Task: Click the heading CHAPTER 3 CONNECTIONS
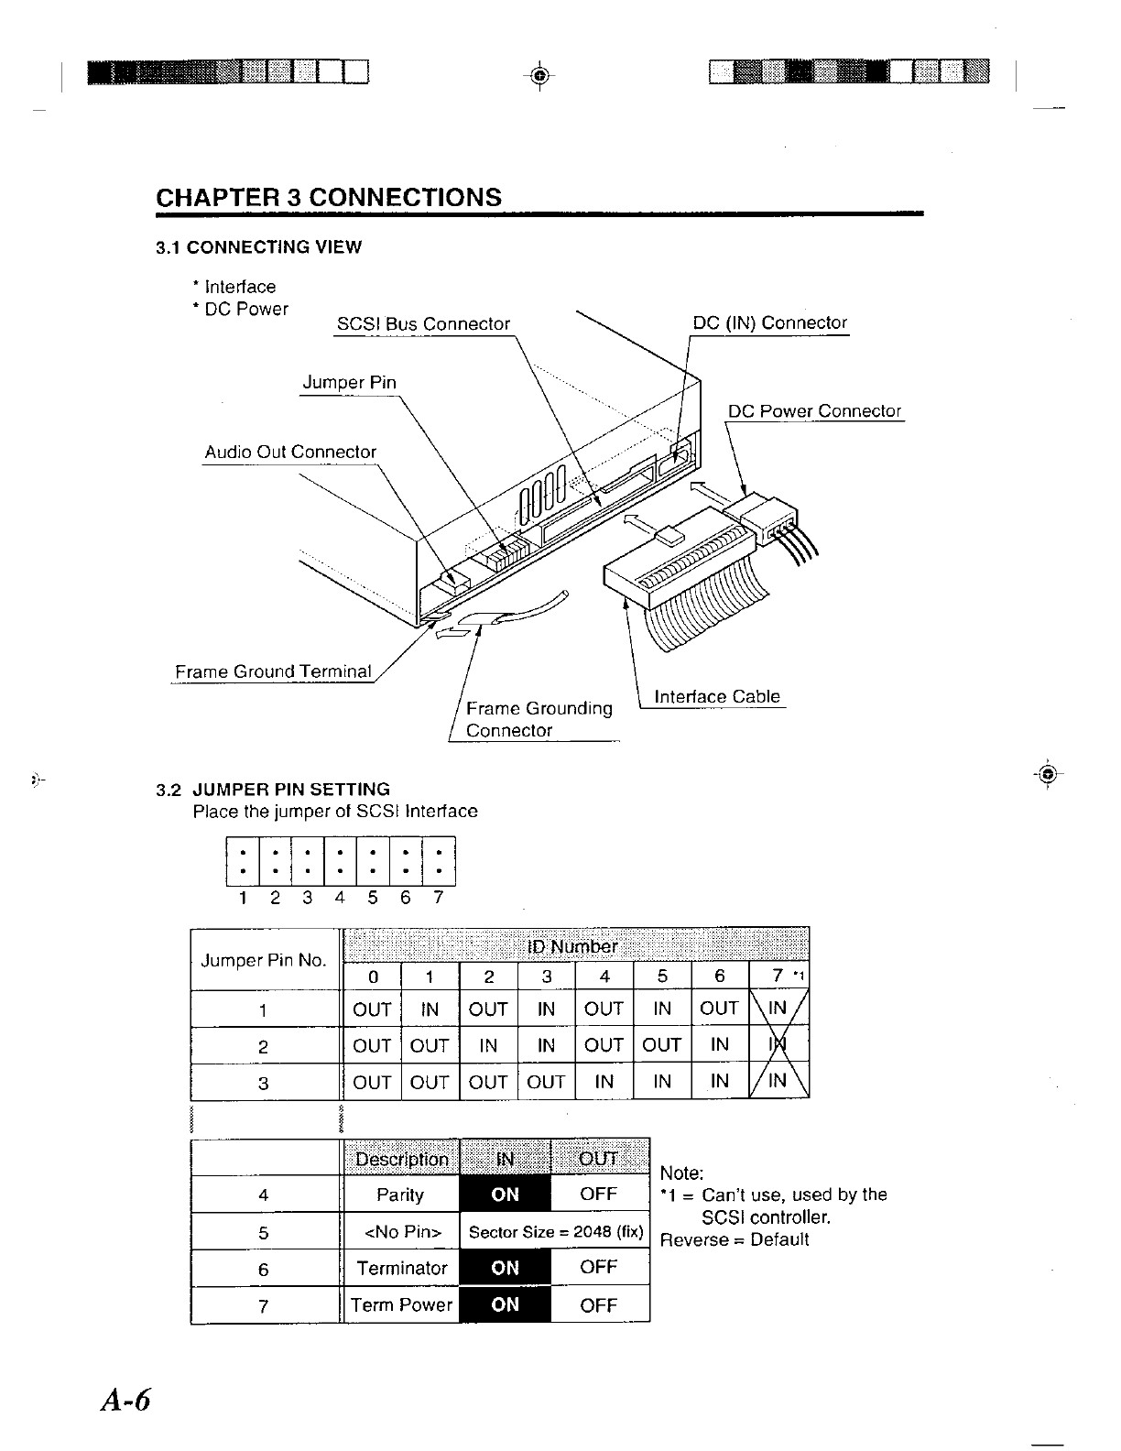point(329,198)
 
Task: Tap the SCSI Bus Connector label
point(423,324)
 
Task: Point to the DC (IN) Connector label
point(769,323)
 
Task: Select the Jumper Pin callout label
point(349,383)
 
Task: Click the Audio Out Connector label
point(290,453)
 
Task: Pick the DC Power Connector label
point(814,411)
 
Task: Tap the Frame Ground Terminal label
point(273,672)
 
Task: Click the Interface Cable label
point(717,697)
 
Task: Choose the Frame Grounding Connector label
point(538,719)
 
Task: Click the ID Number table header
point(574,946)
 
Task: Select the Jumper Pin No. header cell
point(264,960)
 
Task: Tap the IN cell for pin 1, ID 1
point(430,1009)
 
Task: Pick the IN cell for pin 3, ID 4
point(604,1082)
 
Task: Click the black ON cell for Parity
point(505,1195)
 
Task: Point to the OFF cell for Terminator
point(599,1268)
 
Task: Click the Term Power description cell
point(401,1305)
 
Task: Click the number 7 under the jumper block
point(438,898)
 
